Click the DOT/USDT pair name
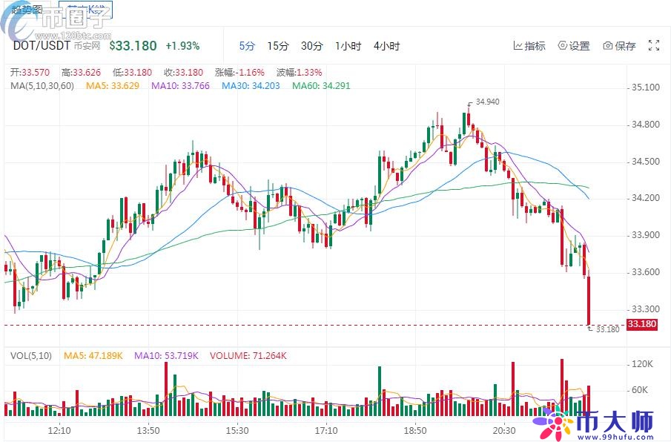point(42,45)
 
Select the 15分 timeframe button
point(278,46)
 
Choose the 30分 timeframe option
point(311,46)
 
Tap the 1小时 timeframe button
point(348,46)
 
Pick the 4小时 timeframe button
point(386,46)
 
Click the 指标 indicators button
point(529,46)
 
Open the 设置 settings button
point(574,46)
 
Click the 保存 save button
point(620,46)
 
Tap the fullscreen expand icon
point(654,46)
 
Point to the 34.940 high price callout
point(487,102)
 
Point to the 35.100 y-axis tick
point(644,88)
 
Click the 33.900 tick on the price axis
point(644,235)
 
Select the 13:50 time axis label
point(148,430)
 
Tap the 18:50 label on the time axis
point(414,430)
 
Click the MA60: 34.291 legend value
point(321,85)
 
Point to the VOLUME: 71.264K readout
point(248,356)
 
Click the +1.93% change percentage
point(182,46)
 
